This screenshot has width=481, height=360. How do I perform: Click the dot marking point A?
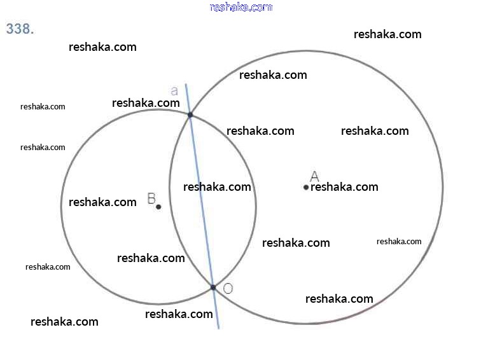tap(306, 187)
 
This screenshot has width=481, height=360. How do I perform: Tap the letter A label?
tap(314, 176)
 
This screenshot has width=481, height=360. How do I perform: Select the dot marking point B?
tap(158, 207)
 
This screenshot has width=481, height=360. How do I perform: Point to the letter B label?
tap(151, 198)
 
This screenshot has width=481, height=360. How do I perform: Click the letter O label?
tap(228, 288)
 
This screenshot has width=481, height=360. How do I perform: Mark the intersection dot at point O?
tap(213, 287)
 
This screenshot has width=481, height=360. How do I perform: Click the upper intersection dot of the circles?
tap(190, 114)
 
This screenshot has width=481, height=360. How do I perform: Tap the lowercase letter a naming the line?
tap(174, 91)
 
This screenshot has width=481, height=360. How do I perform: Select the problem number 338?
tap(20, 29)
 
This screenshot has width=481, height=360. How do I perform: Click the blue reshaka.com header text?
tap(240, 7)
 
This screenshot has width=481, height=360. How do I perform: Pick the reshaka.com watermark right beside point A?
tap(344, 187)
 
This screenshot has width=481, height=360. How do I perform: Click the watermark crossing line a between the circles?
tap(217, 187)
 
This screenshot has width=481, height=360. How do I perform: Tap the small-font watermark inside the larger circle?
tap(399, 242)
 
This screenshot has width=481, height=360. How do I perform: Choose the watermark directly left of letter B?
tap(102, 202)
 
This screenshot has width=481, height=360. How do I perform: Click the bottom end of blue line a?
tap(218, 328)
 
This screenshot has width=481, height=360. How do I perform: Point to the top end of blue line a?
tap(186, 84)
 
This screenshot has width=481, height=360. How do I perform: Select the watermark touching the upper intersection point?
tap(146, 103)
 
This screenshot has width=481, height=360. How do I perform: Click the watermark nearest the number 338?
tap(102, 47)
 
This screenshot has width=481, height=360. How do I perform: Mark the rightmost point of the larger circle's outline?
tap(443, 187)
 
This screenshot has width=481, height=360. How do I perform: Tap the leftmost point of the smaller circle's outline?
tap(61, 207)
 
